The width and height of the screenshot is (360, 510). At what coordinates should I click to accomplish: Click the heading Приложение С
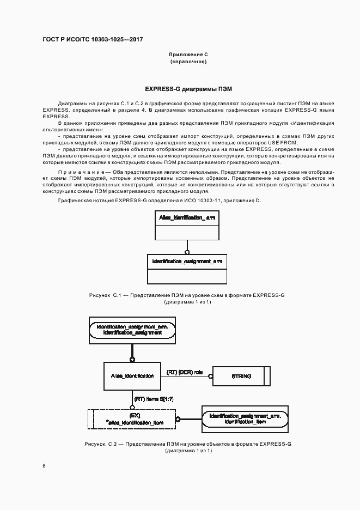(188, 55)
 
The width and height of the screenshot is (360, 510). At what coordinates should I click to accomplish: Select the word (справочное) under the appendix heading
(188, 62)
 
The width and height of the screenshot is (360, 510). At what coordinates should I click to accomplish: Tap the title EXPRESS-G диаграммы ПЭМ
(188, 88)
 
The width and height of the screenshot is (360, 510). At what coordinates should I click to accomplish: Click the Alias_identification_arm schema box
(187, 226)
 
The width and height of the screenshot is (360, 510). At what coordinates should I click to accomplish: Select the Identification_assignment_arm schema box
(187, 269)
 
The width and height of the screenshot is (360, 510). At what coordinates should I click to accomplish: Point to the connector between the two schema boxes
(187, 247)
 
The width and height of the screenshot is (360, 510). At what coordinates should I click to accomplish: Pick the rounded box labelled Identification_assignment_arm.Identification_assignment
(132, 329)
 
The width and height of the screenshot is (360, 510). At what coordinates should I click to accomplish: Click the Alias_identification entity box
(132, 375)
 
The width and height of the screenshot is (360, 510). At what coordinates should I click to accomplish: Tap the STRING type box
(241, 376)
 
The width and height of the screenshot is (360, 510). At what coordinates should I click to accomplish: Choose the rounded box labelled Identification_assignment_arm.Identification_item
(245, 418)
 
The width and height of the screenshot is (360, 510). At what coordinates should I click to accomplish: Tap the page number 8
(44, 465)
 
